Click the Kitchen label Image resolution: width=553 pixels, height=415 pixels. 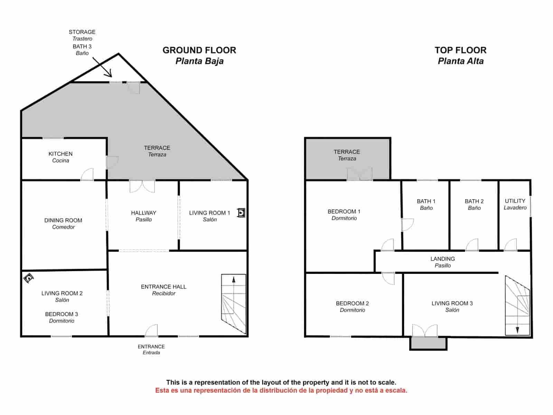point(60,157)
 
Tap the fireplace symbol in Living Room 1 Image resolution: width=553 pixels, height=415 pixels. point(241,213)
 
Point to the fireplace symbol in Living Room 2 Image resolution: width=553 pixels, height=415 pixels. point(28,278)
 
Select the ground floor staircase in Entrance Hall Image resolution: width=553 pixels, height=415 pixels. point(234,304)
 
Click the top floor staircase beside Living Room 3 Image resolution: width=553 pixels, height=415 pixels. point(517,306)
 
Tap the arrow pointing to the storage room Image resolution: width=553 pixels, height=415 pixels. point(103,67)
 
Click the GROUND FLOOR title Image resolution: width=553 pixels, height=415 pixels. point(199,50)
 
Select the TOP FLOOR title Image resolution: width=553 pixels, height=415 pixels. point(460,50)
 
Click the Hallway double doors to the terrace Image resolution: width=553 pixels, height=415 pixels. point(142,186)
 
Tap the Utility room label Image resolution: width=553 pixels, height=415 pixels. point(515,204)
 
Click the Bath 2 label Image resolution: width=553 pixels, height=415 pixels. point(474,204)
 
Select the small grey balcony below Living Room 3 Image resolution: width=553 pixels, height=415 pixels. point(428,343)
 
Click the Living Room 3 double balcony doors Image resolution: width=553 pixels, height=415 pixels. point(425,331)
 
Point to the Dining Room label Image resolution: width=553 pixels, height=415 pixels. point(63,223)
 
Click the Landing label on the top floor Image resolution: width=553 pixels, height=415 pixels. point(442,262)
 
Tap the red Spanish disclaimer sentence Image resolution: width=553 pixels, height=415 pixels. point(281,390)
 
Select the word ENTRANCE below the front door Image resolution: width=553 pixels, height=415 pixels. point(151,347)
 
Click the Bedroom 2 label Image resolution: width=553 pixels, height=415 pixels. point(352,306)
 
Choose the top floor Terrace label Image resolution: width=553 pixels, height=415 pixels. point(347,155)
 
